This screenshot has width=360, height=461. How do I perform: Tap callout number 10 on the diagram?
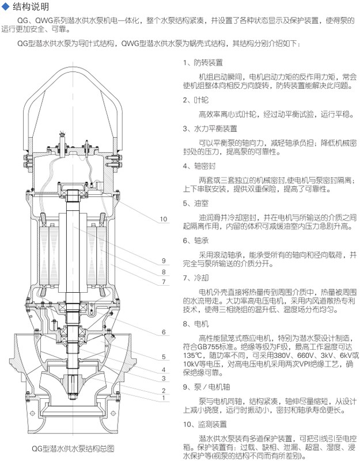(x=164, y=219)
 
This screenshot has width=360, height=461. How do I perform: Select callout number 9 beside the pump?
(x=164, y=260)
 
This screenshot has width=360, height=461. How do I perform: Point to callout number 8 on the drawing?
(x=164, y=271)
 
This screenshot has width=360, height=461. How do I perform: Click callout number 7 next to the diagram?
(x=164, y=282)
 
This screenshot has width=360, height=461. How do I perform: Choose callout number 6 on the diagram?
(x=164, y=332)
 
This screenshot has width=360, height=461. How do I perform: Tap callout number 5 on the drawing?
(x=164, y=357)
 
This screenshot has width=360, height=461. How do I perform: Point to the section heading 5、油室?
(x=195, y=203)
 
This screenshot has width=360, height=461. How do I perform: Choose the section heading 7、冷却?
(x=195, y=278)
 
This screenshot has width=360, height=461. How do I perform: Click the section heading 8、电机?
(x=195, y=325)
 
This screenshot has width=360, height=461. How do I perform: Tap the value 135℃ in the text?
(x=192, y=356)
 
